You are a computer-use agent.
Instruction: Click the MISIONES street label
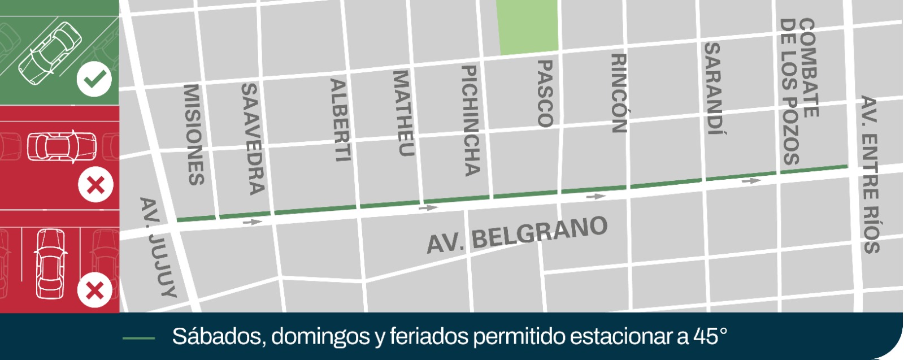(194, 135)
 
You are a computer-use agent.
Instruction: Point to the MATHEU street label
(403, 113)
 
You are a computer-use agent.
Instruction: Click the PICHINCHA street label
(470, 120)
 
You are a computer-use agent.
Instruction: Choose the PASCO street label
(544, 93)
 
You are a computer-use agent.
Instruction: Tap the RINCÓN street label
(619, 93)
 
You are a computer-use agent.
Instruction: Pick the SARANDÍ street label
(714, 89)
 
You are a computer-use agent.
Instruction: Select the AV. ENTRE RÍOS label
(870, 174)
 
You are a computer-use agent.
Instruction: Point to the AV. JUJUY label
(158, 247)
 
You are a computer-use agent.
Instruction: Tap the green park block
(527, 27)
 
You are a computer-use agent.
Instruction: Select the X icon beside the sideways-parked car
(95, 185)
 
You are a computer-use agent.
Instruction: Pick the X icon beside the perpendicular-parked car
(94, 290)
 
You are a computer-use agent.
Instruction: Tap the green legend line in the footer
(138, 338)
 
